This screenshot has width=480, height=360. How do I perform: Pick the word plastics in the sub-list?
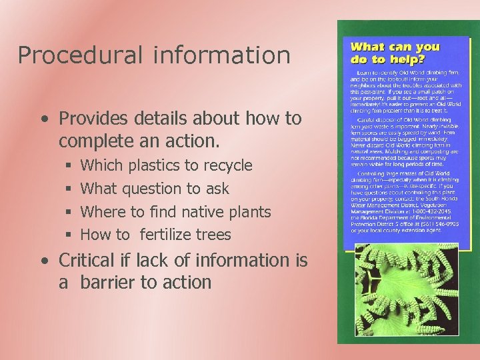[160, 165]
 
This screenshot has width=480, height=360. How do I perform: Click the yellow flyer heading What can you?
[395, 47]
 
